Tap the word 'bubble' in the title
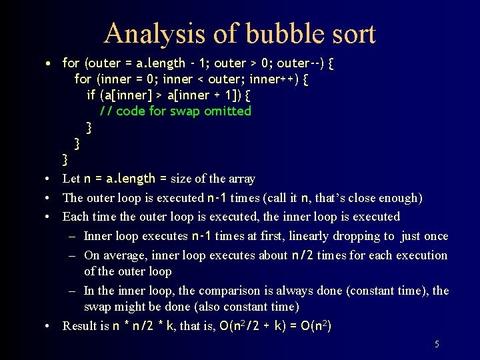[x=275, y=33]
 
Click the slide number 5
[x=437, y=345]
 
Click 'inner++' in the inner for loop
[x=271, y=79]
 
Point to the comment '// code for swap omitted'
[x=175, y=111]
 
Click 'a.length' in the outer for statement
[x=161, y=63]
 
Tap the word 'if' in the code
[x=91, y=95]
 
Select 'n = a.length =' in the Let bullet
[x=126, y=179]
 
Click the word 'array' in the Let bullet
[x=241, y=179]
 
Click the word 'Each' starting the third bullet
[x=75, y=217]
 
